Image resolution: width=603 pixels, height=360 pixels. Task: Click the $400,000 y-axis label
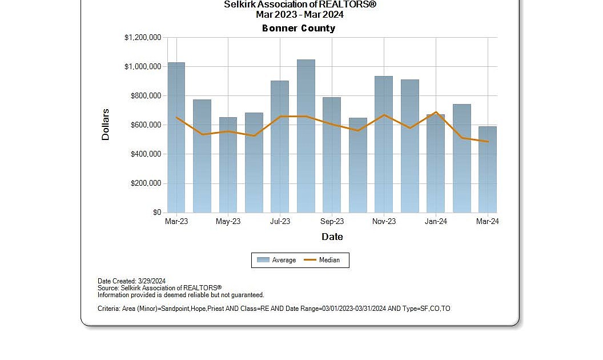coord(146,154)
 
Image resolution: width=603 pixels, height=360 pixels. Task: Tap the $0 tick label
coord(156,213)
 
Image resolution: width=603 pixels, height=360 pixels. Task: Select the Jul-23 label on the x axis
coord(280,222)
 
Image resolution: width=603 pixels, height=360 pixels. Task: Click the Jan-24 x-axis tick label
coord(436,222)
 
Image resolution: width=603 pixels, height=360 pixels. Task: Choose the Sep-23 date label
coord(332,222)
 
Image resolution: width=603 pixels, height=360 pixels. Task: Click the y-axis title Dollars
coord(106,125)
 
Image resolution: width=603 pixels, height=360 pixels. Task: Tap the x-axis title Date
coord(332,237)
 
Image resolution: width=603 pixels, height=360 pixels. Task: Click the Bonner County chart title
coord(299,28)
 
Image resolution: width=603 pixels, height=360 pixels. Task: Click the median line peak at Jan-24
coord(436,112)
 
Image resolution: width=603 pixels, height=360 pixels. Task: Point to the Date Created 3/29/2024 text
coord(131,281)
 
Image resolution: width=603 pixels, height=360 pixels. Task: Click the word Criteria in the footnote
coord(108,309)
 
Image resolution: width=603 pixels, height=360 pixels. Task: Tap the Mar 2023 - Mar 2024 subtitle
coord(300,14)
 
